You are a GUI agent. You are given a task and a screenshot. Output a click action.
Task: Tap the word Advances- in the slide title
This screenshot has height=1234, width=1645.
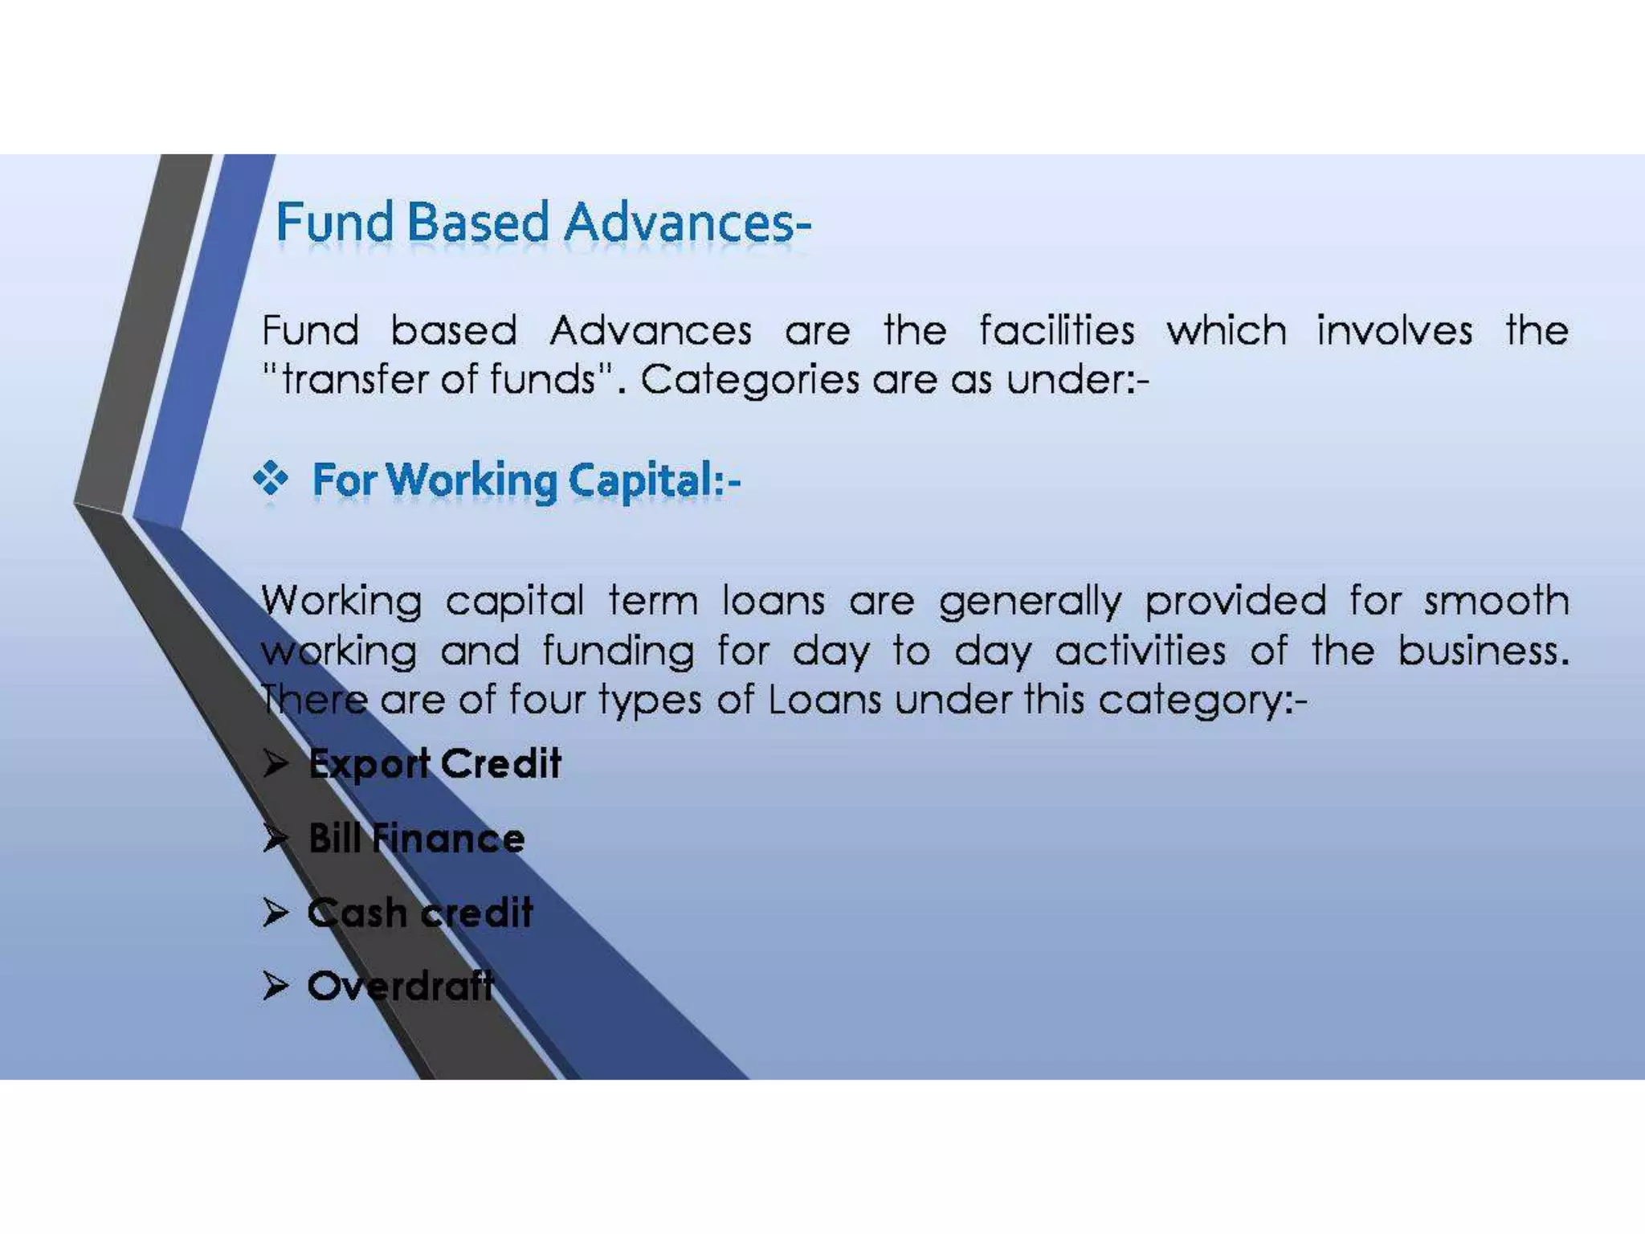pyautogui.click(x=688, y=223)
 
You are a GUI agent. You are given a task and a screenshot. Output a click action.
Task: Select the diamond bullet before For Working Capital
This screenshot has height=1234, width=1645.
pyautogui.click(x=271, y=479)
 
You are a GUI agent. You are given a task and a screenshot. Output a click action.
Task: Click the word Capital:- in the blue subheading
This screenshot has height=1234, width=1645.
pyautogui.click(x=654, y=480)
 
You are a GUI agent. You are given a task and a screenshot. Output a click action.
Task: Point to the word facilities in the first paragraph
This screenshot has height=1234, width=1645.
pyautogui.click(x=1056, y=330)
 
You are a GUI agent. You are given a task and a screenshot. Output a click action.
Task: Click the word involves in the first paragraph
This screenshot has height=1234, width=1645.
pyautogui.click(x=1394, y=330)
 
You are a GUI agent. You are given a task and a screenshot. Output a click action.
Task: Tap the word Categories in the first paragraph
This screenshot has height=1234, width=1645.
pyautogui.click(x=749, y=379)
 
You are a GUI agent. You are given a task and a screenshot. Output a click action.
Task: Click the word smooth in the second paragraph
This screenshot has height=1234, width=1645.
pyautogui.click(x=1496, y=600)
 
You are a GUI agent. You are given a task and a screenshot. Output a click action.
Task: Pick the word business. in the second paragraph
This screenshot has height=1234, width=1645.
pyautogui.click(x=1483, y=650)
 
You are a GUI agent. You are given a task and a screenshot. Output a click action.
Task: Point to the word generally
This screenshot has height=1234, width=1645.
pyautogui.click(x=1030, y=602)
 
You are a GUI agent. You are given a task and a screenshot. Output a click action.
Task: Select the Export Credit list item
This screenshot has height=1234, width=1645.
pyautogui.click(x=435, y=763)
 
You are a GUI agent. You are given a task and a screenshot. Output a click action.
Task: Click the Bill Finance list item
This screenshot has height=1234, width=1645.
pyautogui.click(x=416, y=838)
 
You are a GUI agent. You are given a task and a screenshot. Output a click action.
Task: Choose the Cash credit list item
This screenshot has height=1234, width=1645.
pyautogui.click(x=420, y=913)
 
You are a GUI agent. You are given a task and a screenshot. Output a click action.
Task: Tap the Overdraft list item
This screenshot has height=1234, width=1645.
pyautogui.click(x=400, y=986)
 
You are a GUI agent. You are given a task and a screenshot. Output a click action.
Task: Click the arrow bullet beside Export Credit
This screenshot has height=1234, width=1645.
pyautogui.click(x=276, y=764)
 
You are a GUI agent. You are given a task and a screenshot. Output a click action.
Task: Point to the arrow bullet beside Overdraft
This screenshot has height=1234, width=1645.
pyautogui.click(x=276, y=985)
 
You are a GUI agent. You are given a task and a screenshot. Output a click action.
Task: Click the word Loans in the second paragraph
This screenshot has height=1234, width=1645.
pyautogui.click(x=824, y=700)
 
